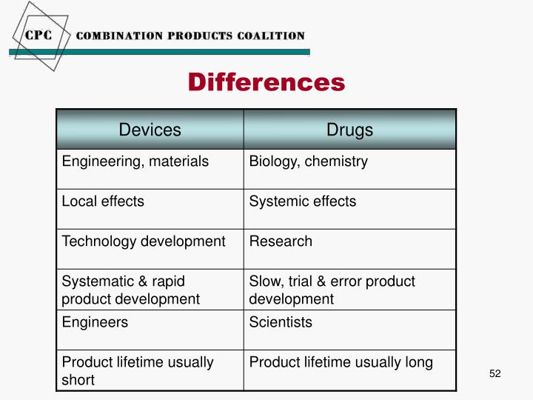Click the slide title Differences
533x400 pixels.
coord(266,81)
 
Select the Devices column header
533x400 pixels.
coord(150,130)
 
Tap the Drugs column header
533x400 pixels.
coord(350,130)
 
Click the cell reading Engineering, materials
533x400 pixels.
coord(135,161)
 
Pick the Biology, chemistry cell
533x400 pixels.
coord(309,161)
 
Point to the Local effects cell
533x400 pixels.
coord(103,201)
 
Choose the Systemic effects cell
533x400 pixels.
coord(303,201)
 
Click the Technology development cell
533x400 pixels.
coord(144,241)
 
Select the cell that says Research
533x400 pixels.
coord(281,241)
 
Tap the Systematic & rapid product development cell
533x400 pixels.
coord(131,290)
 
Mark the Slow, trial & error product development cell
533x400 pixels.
coord(332,290)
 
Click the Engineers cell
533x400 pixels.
coord(95,322)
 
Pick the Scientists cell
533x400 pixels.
coord(281,322)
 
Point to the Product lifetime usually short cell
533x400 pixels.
coord(138,370)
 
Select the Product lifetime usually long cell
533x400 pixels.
coord(341,362)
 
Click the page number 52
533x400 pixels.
coord(495,373)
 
